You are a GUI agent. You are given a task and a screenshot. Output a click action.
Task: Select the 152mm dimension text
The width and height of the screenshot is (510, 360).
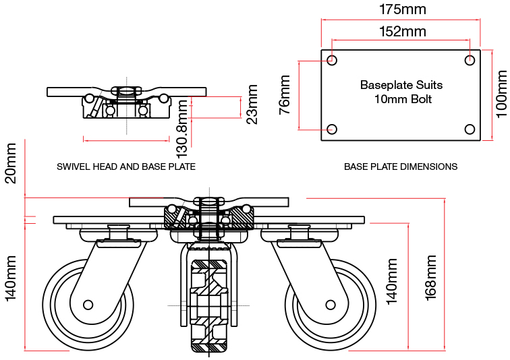[x=403, y=31]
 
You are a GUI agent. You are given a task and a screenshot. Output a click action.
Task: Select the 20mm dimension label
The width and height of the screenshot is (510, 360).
[x=11, y=168]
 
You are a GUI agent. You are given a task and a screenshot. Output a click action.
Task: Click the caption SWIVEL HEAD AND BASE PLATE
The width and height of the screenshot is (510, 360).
[x=126, y=167]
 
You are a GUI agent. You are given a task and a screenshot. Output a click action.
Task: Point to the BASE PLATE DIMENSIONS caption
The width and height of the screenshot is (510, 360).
[x=401, y=167]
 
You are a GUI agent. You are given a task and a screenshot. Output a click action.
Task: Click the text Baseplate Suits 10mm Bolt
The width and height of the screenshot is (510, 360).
[x=401, y=92]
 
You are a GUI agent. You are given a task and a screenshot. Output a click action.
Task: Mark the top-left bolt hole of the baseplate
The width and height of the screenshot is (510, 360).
[x=332, y=61]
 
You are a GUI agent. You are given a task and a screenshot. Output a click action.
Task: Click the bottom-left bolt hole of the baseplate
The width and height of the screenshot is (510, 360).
[x=332, y=129]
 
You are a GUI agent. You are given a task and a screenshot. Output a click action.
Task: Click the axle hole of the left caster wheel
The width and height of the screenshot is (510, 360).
[x=88, y=305]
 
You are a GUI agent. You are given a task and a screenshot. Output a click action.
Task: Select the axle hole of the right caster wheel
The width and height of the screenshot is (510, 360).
[x=331, y=305]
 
